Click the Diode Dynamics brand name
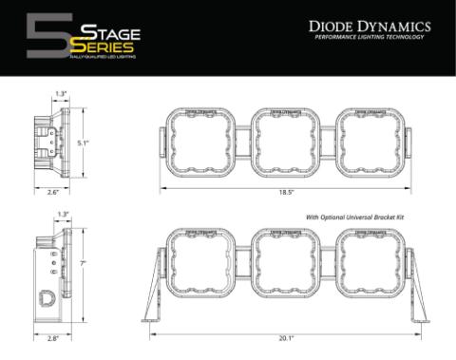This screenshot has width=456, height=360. click(x=362, y=28)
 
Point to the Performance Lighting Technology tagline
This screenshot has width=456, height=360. click(x=362, y=40)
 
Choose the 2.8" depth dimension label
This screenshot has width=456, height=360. click(x=54, y=336)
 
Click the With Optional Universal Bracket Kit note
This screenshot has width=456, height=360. click(x=355, y=218)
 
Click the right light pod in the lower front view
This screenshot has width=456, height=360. click(x=370, y=265)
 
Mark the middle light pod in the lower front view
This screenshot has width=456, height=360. click(x=285, y=265)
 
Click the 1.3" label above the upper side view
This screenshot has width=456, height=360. click(x=61, y=93)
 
